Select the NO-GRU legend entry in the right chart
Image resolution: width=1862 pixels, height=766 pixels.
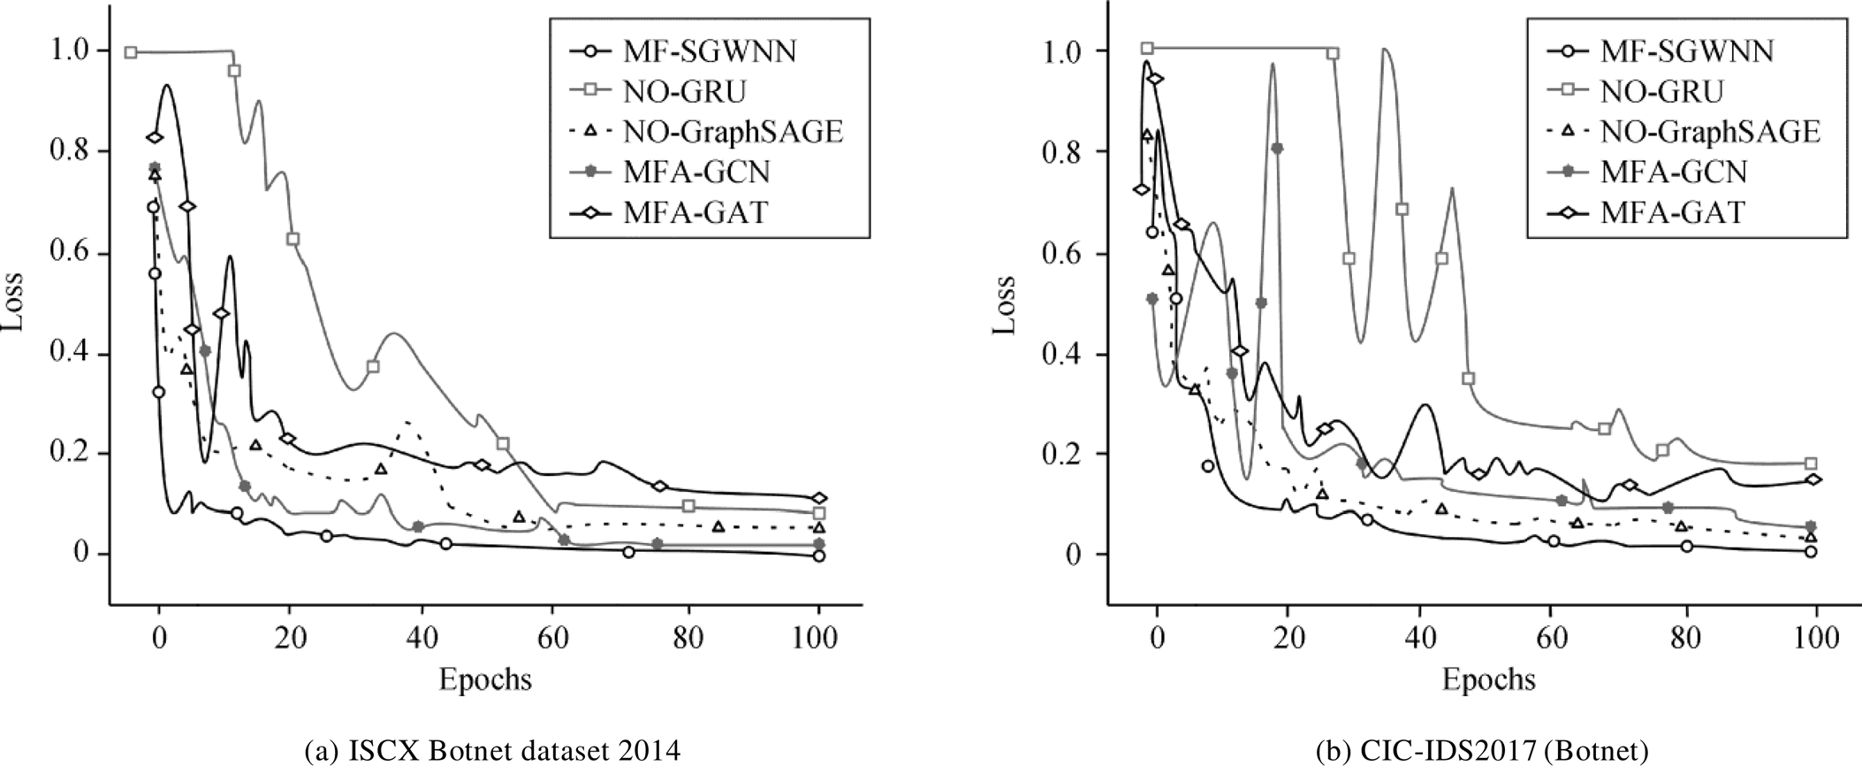point(1661,91)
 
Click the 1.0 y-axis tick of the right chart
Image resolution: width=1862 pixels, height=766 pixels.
point(1068,51)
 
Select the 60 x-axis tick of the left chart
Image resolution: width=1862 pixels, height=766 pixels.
point(553,635)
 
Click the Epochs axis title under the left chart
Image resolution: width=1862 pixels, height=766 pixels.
point(485,678)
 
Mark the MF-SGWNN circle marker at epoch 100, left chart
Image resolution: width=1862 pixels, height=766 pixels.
point(819,556)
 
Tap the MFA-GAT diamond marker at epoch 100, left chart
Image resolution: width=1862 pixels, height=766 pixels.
point(819,498)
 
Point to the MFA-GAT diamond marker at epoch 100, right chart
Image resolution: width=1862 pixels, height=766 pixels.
point(1811,479)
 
